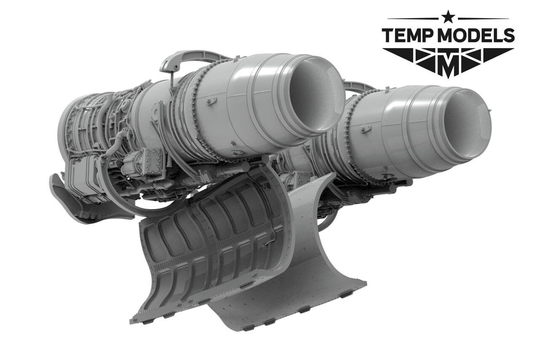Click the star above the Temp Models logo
tap(448, 17)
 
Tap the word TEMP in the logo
tap(409, 36)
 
